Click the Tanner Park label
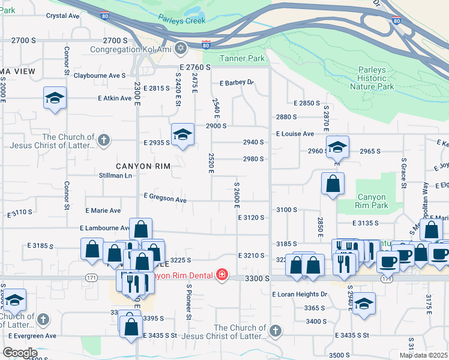point(243,59)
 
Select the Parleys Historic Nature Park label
point(376,78)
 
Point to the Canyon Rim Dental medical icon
point(222,275)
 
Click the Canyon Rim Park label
point(376,201)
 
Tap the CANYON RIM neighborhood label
point(144,166)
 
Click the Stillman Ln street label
point(115,176)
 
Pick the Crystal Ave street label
point(63,16)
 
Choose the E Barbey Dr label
point(237,83)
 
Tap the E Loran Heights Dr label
point(300,295)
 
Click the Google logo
point(20,353)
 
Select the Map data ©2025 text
point(423,355)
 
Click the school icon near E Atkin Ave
point(55,98)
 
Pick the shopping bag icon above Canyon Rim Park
point(333,184)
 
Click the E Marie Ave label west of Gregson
point(103,211)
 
